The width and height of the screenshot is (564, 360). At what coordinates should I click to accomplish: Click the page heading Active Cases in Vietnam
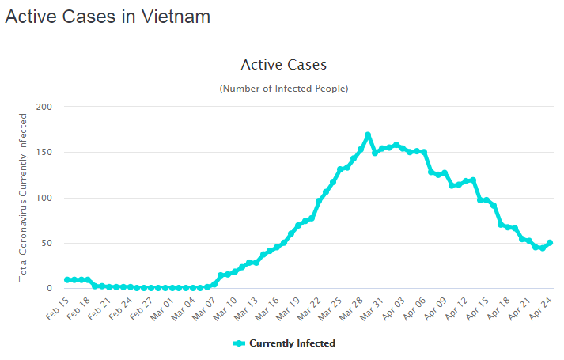108,17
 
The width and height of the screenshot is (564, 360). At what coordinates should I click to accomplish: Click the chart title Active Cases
283,65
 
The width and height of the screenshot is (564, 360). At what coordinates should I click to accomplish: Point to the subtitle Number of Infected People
283,89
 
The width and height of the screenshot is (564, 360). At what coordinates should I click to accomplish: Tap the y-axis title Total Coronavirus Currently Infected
23,197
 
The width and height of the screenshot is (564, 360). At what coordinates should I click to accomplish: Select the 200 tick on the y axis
44,107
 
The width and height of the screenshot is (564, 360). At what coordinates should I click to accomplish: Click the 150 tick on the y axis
44,152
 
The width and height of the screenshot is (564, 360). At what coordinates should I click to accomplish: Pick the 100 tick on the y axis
44,198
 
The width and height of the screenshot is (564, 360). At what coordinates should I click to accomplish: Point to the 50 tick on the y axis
47,243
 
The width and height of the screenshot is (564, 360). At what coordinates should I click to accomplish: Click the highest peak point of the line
368,135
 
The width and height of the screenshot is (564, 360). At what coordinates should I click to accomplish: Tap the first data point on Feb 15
67,280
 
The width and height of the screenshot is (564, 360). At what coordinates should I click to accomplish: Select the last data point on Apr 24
550,243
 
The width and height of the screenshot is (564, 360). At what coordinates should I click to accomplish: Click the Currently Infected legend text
292,343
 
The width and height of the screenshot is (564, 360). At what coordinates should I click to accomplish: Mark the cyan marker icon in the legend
239,343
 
